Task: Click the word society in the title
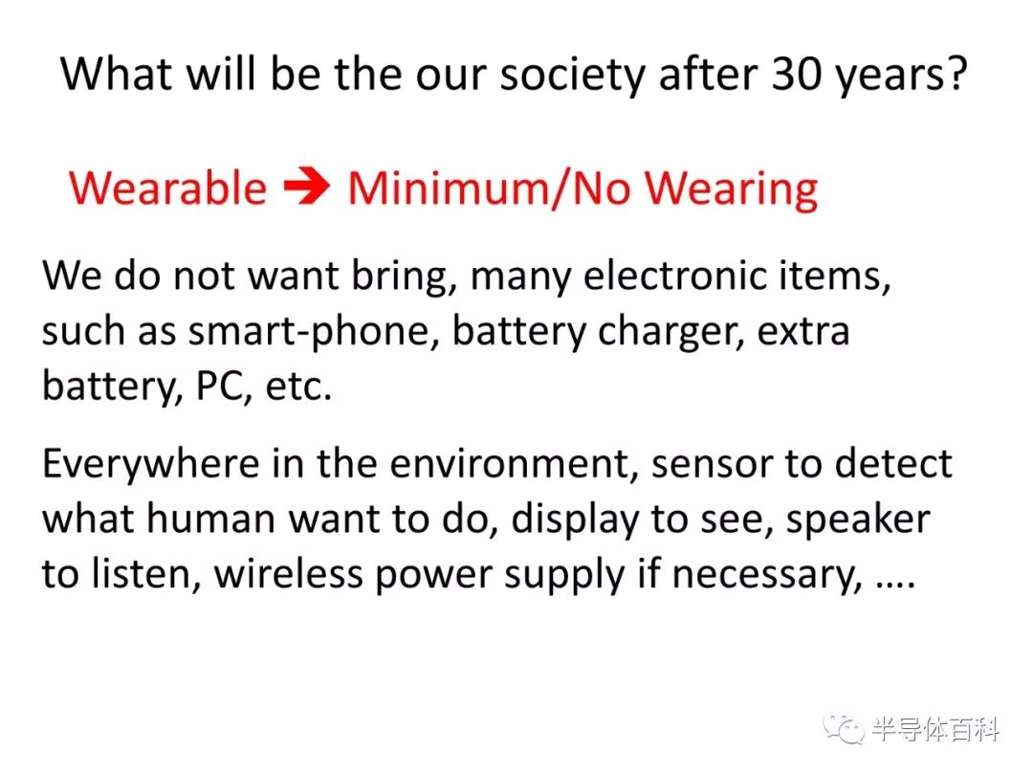click(573, 75)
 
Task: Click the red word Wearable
click(168, 188)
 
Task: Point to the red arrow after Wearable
click(306, 188)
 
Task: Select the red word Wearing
click(732, 190)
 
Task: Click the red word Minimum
click(448, 188)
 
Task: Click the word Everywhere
click(151, 465)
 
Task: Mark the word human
click(210, 519)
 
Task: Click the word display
click(575, 520)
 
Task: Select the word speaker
click(858, 520)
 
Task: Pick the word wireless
click(289, 574)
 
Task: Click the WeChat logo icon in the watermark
click(843, 729)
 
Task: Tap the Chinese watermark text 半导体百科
click(935, 730)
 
